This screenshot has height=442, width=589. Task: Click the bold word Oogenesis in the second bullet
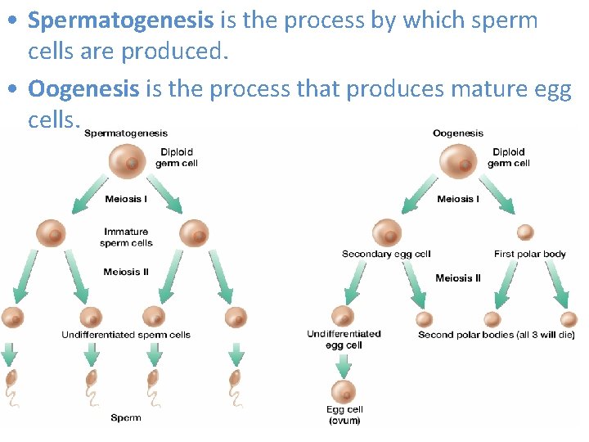click(83, 88)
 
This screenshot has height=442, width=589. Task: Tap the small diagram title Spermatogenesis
click(125, 133)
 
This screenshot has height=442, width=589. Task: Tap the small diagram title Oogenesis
click(457, 133)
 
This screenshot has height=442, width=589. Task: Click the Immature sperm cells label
click(126, 237)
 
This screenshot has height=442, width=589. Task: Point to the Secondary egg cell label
click(386, 255)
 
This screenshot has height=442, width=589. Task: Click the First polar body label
click(529, 255)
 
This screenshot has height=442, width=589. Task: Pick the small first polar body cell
click(525, 232)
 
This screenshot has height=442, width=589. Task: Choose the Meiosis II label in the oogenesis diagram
click(458, 278)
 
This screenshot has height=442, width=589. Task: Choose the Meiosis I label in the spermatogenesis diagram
click(126, 199)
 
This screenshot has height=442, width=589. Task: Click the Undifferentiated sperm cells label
click(126, 335)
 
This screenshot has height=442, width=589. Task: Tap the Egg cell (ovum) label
click(344, 415)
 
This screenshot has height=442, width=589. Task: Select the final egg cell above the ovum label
click(344, 391)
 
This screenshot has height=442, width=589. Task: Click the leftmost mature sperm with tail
click(11, 385)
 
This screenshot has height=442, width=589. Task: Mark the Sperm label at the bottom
click(126, 418)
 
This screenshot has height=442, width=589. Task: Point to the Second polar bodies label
click(496, 335)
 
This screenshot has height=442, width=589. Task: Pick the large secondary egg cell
click(387, 232)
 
